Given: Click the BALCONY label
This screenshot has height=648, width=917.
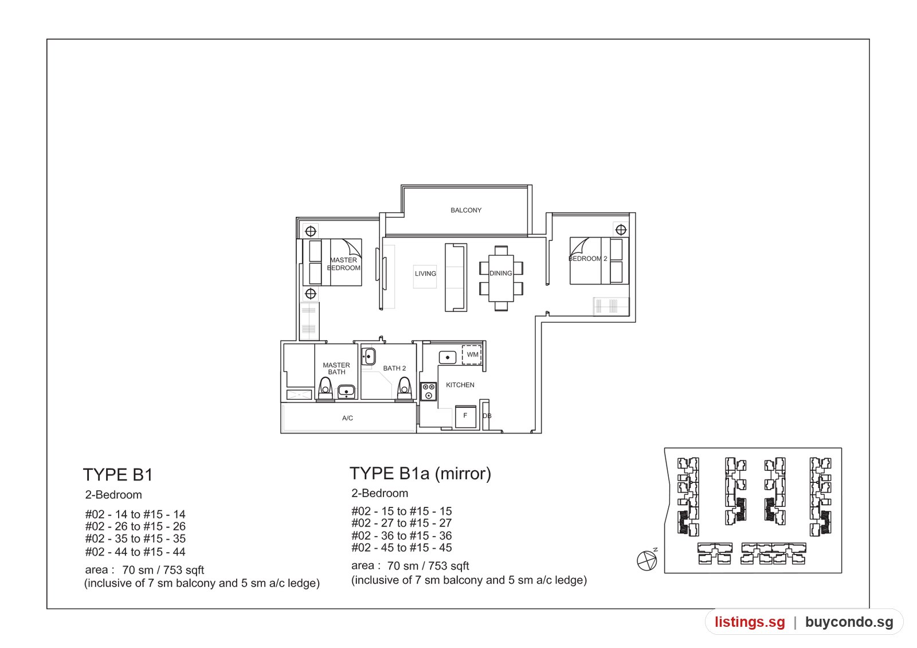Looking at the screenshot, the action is pyautogui.click(x=466, y=210).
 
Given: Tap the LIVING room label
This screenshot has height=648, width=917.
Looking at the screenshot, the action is pyautogui.click(x=425, y=274).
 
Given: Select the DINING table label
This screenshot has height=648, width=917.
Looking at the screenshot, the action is pyautogui.click(x=501, y=273).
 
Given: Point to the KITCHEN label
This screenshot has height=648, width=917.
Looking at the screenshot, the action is pyautogui.click(x=460, y=385).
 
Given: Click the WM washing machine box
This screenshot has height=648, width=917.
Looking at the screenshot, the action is pyautogui.click(x=472, y=355).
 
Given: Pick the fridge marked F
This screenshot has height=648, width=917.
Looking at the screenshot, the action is pyautogui.click(x=466, y=416).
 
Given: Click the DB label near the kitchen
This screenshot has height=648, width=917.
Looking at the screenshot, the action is pyautogui.click(x=487, y=416).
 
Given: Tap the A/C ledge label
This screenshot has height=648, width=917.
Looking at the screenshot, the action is pyautogui.click(x=347, y=418).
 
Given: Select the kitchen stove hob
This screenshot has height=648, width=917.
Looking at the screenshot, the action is pyautogui.click(x=429, y=391).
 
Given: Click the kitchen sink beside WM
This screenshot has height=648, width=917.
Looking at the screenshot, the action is pyautogui.click(x=448, y=358).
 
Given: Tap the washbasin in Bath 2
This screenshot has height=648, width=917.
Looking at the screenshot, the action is pyautogui.click(x=369, y=357).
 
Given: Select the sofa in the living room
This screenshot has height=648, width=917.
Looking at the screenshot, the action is pyautogui.click(x=456, y=278).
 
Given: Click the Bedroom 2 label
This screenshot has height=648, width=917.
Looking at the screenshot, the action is pyautogui.click(x=588, y=259).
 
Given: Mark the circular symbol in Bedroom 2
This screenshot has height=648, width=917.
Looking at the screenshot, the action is pyautogui.click(x=621, y=230).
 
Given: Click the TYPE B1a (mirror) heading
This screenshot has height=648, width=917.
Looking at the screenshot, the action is pyautogui.click(x=420, y=474).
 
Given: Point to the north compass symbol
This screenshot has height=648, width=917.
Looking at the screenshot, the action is pyautogui.click(x=647, y=560).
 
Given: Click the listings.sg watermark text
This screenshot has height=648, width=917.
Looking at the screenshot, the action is pyautogui.click(x=750, y=622).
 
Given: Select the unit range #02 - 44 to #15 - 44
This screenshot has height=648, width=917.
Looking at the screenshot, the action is pyautogui.click(x=135, y=552).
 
